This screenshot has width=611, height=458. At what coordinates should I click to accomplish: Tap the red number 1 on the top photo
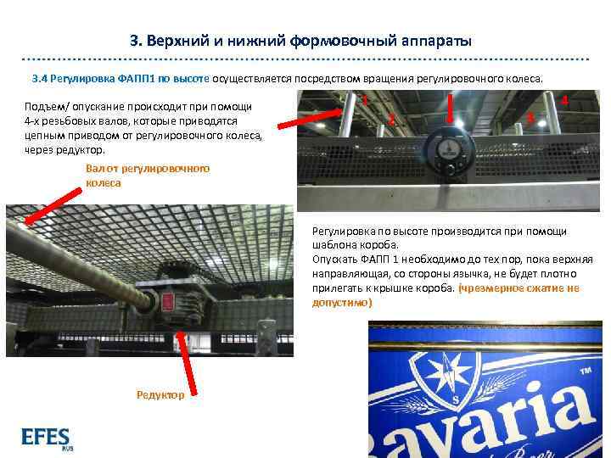click(x=364, y=101)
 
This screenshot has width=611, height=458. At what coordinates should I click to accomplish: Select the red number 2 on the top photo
click(x=391, y=120)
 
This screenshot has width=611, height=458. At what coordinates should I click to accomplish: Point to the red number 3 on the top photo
click(x=530, y=120)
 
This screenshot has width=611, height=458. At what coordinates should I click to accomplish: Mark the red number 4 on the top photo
click(x=564, y=101)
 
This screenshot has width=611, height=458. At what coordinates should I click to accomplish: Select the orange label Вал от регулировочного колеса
click(x=147, y=176)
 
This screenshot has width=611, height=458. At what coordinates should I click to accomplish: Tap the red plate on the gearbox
click(x=167, y=301)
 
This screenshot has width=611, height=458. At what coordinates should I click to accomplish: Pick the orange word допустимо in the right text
click(x=341, y=302)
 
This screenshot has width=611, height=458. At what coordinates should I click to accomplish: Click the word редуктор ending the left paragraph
click(x=78, y=149)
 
